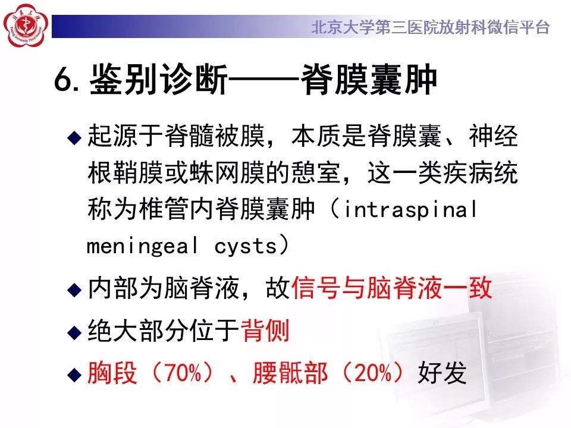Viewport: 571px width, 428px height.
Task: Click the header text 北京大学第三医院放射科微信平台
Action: pos(430,27)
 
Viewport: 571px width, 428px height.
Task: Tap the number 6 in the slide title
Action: pos(62,81)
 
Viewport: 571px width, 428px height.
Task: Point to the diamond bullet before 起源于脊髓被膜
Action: pos(73,139)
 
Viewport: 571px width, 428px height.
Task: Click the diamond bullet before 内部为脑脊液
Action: pos(73,289)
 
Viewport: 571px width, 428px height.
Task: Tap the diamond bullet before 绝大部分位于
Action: pos(73,332)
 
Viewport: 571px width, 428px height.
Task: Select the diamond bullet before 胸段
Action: pos(73,374)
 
